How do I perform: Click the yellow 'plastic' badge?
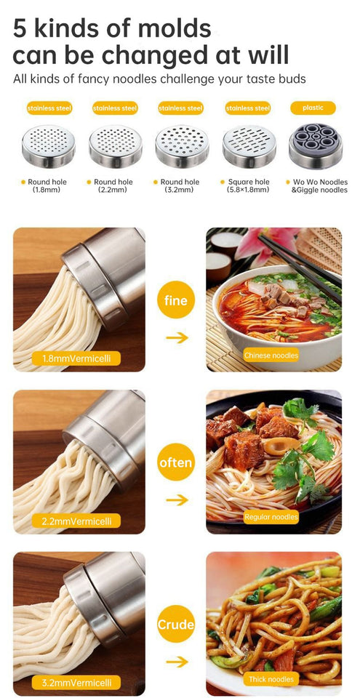pos(313,108)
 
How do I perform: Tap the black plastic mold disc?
pos(315,146)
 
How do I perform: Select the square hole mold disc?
pos(249,146)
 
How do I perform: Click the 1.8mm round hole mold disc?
pos(48,146)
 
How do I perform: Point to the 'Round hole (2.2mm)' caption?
pos(113,186)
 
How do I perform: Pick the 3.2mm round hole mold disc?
pos(181,146)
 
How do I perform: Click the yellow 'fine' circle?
pos(176,300)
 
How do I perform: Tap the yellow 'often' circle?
pos(176,462)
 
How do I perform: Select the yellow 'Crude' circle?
pos(176,624)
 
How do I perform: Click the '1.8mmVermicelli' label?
pos(76,358)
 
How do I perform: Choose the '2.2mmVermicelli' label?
pos(76,521)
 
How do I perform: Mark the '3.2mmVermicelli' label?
pos(76,683)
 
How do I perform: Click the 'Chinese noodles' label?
pos(271,356)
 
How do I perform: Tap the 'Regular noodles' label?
pos(271,517)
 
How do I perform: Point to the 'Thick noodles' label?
pos(271,679)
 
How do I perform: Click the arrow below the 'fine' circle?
pos(176,337)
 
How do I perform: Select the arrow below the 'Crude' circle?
pos(176,662)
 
